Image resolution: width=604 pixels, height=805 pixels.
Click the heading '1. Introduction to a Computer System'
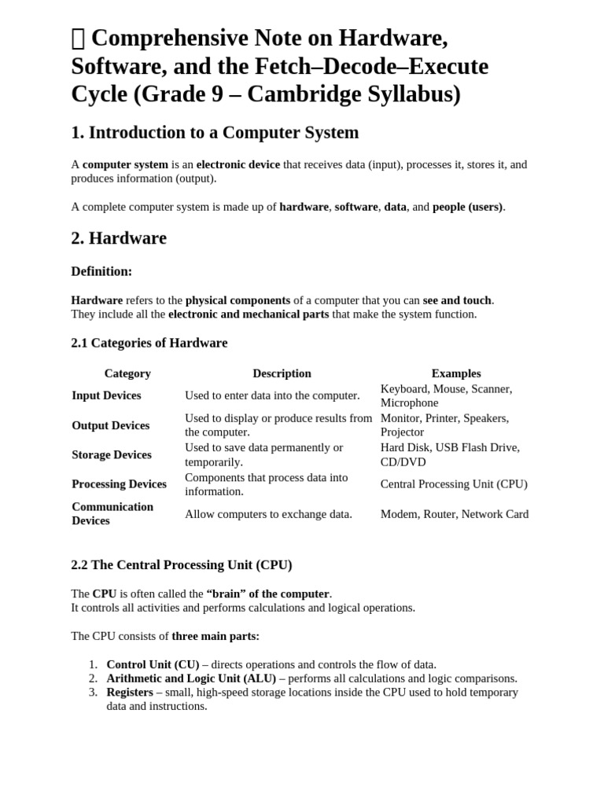pos(215,133)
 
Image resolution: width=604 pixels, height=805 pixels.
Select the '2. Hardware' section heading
pos(119,238)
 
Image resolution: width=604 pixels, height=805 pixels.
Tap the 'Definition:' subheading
pos(101,271)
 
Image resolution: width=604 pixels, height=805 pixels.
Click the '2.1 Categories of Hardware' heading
pos(149,343)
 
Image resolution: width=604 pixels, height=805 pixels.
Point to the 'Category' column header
pos(127,373)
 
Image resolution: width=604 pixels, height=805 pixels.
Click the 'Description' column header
pos(282,373)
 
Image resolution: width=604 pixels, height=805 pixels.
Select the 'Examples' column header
pos(456,373)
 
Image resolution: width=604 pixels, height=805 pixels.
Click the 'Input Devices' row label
pos(106,395)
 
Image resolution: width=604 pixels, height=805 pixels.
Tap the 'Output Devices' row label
pos(110,425)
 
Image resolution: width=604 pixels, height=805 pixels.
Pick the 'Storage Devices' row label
pos(112,454)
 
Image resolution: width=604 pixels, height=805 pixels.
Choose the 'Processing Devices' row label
pos(119,484)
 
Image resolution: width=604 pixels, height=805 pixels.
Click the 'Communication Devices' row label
pos(112,513)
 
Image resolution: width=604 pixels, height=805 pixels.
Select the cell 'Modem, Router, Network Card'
pos(455,514)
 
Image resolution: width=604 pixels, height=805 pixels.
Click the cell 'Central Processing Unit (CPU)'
pos(454,484)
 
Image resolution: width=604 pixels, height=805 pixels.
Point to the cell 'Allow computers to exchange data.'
pos(268,514)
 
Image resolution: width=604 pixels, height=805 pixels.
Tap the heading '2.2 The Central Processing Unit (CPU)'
pos(181,565)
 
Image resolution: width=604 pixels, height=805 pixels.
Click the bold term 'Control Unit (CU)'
pos(153,664)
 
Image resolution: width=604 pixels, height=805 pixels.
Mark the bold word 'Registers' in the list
pos(130,693)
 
